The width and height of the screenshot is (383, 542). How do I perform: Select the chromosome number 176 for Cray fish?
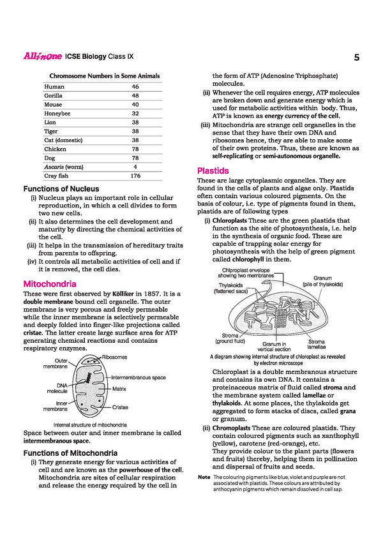coord(135,175)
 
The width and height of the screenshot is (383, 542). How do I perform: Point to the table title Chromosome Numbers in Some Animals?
coord(101,75)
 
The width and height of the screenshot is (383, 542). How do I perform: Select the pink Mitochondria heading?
coord(50,283)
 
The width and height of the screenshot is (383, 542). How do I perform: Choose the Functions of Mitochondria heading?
coord(70,453)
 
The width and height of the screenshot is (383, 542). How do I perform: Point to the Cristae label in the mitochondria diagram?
coord(120,407)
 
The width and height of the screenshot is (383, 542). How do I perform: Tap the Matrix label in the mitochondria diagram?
coord(119,388)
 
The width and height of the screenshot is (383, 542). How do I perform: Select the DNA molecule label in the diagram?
coord(57,388)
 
